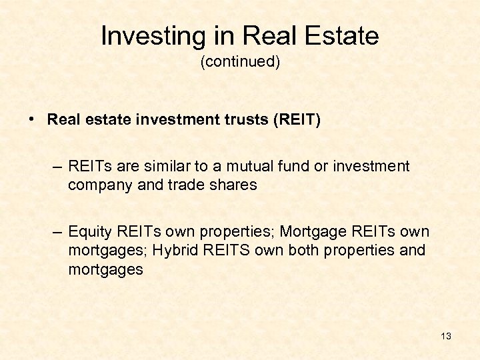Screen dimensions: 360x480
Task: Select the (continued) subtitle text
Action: point(240,62)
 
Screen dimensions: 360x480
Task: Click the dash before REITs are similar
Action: point(58,167)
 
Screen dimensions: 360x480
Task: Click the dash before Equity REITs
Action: point(58,232)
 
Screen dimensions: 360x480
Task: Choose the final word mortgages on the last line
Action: point(105,269)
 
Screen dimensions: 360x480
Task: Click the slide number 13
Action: point(446,336)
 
